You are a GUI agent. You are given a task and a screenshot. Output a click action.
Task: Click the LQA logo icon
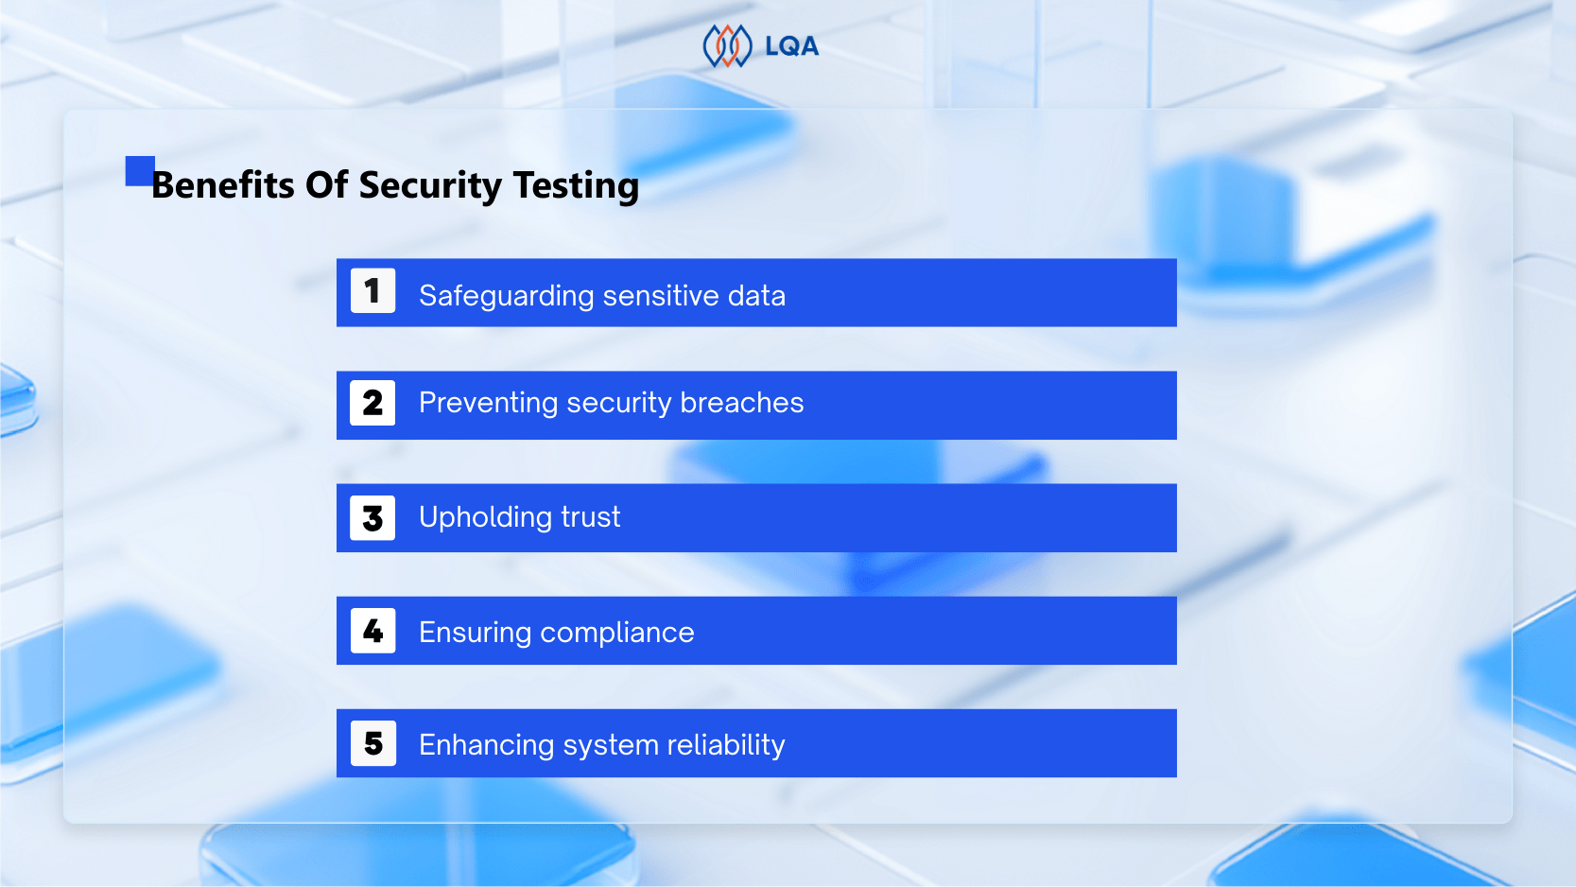(726, 46)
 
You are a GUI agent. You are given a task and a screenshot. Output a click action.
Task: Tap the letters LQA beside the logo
(791, 46)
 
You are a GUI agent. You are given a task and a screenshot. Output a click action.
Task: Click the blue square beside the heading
(139, 170)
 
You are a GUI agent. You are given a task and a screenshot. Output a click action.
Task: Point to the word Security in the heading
(430, 185)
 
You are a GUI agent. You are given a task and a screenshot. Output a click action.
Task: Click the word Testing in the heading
(576, 185)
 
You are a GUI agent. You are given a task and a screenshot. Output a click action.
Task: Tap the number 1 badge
(372, 290)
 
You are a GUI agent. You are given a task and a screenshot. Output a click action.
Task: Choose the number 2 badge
(372, 403)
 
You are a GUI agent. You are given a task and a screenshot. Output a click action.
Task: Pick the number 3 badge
(372, 517)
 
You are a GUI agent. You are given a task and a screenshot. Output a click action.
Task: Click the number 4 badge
(372, 631)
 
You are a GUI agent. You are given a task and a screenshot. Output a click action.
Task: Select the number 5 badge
(372, 743)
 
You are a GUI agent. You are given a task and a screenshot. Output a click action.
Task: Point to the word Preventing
(489, 403)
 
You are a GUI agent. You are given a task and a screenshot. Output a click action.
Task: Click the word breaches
(742, 403)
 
